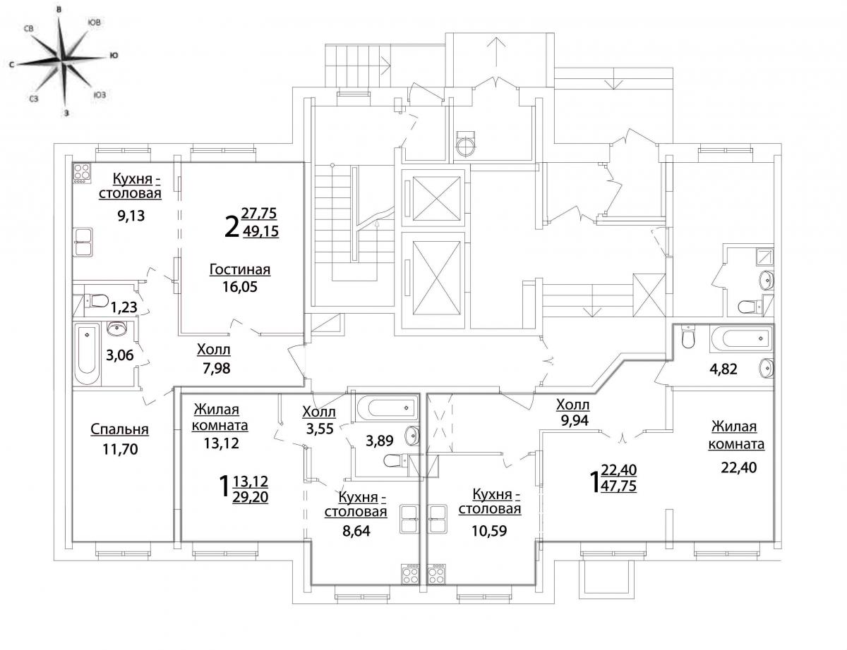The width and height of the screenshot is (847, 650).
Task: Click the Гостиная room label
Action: coord(240,269)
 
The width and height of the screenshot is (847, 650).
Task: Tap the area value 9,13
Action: coord(131,215)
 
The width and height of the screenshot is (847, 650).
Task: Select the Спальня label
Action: coord(120,429)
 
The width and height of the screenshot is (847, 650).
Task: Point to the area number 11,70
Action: coord(120,450)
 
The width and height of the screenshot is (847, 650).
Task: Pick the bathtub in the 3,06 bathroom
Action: coord(87,354)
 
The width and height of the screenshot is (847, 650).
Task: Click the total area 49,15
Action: coord(260,231)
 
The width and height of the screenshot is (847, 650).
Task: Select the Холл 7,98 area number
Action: coord(216,368)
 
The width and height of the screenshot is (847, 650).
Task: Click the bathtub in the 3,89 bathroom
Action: coord(387,408)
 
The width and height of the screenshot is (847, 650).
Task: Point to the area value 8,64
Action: coord(356,531)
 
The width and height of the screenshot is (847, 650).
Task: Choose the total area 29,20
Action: coord(251,497)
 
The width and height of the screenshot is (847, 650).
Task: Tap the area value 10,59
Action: coord(489,531)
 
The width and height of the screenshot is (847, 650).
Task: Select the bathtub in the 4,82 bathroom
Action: coord(741,338)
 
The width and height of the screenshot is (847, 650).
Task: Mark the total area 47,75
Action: coord(619,486)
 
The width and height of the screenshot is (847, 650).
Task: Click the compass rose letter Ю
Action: coord(114,56)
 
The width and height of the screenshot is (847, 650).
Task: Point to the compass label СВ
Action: coord(29,29)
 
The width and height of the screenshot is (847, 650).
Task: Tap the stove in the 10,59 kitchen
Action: coord(436,575)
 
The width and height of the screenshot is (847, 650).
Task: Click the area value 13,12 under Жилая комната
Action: coord(221,443)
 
